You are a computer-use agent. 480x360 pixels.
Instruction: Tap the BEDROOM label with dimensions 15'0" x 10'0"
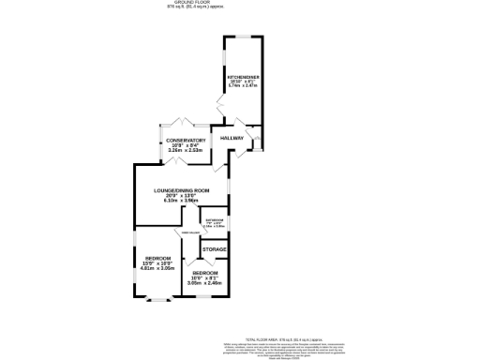[157, 258]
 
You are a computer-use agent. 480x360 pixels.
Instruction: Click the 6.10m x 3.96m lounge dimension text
[182, 201]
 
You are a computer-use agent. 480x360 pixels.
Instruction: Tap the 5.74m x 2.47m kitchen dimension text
[243, 85]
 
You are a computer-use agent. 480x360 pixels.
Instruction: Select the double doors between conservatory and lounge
[178, 163]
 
